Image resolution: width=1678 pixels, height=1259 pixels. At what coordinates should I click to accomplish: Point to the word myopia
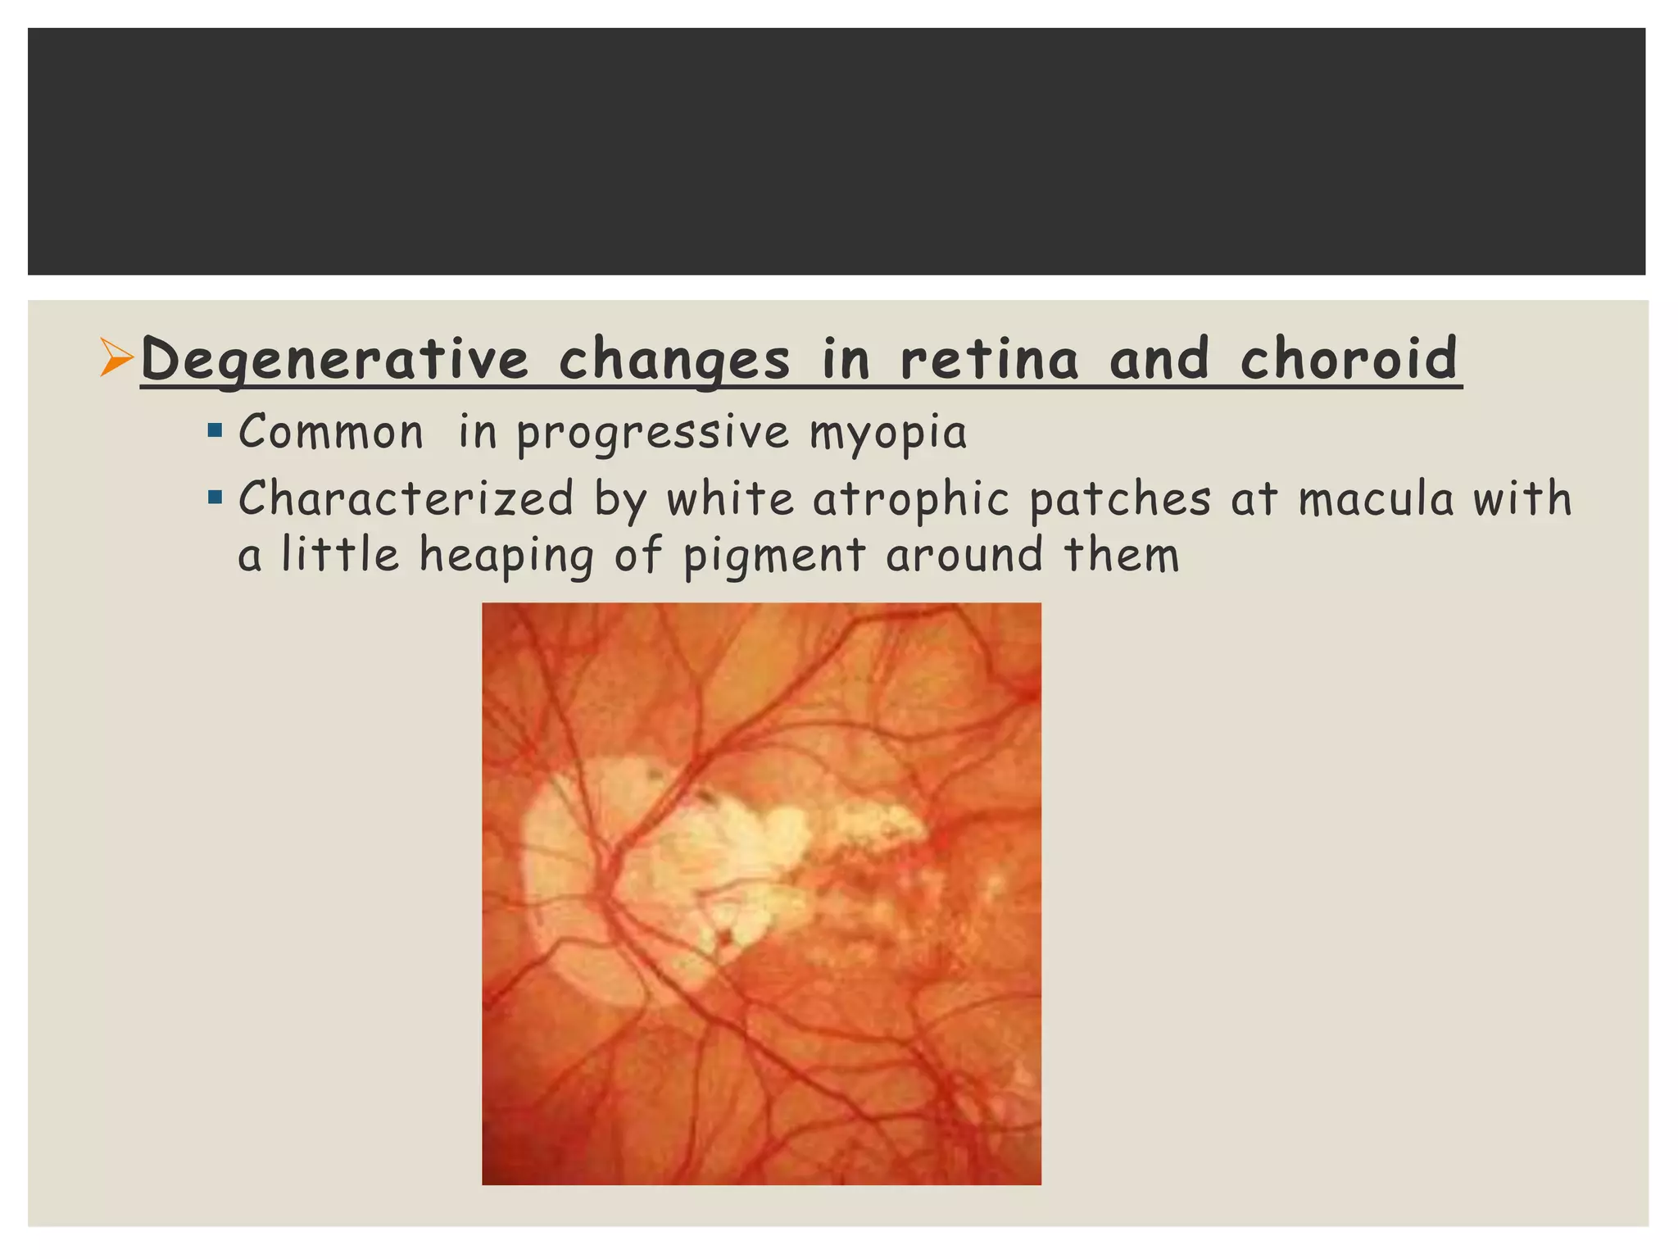click(888, 433)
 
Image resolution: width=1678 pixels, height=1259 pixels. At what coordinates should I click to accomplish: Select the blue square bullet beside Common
click(215, 430)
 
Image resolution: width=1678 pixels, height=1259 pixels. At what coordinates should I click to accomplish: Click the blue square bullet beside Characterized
click(215, 497)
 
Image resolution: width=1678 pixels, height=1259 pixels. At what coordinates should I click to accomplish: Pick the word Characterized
click(406, 498)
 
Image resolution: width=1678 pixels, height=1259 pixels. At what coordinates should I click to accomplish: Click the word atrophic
click(910, 500)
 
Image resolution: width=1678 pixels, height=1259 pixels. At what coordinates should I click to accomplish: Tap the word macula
click(1376, 498)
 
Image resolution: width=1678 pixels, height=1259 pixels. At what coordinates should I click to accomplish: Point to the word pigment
click(774, 556)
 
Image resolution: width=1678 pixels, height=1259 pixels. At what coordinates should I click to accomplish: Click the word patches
click(1120, 498)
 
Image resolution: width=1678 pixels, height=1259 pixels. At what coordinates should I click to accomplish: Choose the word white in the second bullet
click(730, 498)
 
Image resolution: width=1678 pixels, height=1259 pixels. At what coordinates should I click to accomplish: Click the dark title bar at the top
click(836, 152)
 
